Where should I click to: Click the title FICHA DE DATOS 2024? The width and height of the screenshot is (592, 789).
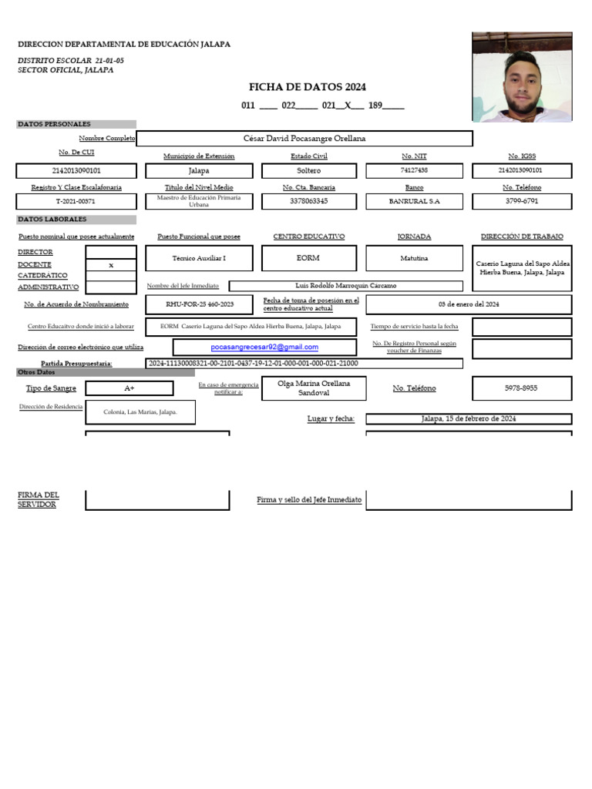pyautogui.click(x=307, y=87)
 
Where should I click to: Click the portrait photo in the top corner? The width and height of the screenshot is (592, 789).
pyautogui.click(x=522, y=77)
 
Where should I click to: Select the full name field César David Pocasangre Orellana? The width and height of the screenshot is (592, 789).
pyautogui.click(x=304, y=139)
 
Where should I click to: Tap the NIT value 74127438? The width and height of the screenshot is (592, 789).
pyautogui.click(x=414, y=170)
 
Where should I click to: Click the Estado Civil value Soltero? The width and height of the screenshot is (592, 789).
pyautogui.click(x=308, y=170)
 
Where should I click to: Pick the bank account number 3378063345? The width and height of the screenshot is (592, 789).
pyautogui.click(x=308, y=201)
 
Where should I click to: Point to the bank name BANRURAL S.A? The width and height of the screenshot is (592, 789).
pyautogui.click(x=414, y=201)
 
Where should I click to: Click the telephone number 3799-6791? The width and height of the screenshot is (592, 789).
pyautogui.click(x=522, y=201)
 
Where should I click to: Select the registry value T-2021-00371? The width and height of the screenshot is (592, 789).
pyautogui.click(x=76, y=201)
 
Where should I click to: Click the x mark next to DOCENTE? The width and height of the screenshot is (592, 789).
pyautogui.click(x=111, y=264)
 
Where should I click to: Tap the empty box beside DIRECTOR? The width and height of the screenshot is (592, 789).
pyautogui.click(x=111, y=252)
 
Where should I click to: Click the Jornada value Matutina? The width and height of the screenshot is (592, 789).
pyautogui.click(x=414, y=259)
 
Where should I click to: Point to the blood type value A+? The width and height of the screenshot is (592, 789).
pyautogui.click(x=129, y=388)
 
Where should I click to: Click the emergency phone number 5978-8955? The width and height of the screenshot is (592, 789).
pyautogui.click(x=522, y=388)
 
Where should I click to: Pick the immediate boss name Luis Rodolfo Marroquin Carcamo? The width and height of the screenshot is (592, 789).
pyautogui.click(x=346, y=286)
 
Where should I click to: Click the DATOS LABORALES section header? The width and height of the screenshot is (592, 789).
pyautogui.click(x=48, y=220)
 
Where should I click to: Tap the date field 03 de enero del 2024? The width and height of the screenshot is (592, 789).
pyautogui.click(x=469, y=304)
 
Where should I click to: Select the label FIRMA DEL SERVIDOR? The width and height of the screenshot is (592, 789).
pyautogui.click(x=38, y=499)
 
